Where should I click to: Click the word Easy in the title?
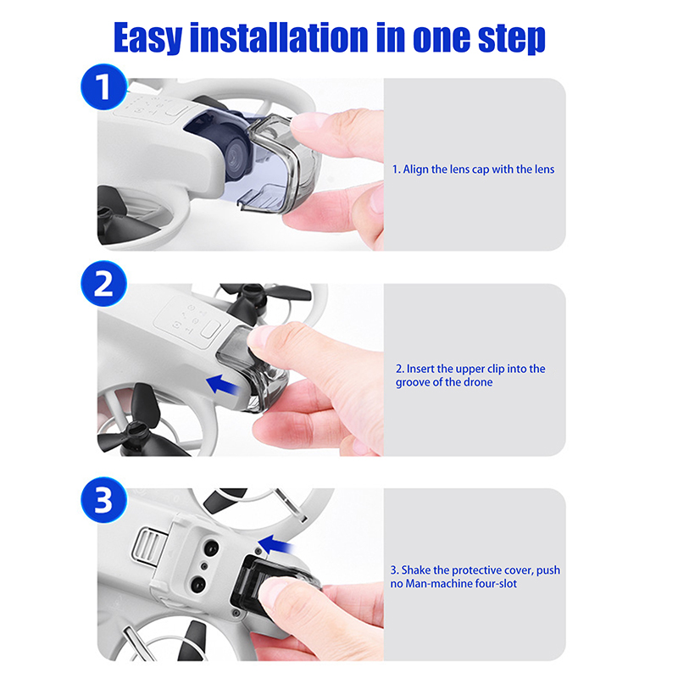147,38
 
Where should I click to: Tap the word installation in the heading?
279,37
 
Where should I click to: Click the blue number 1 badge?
103,87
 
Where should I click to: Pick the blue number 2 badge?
103,284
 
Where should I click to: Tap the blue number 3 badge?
103,500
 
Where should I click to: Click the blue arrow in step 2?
222,385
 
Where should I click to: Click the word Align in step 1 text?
415,169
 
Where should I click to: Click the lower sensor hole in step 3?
198,586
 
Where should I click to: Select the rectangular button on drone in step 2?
210,330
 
